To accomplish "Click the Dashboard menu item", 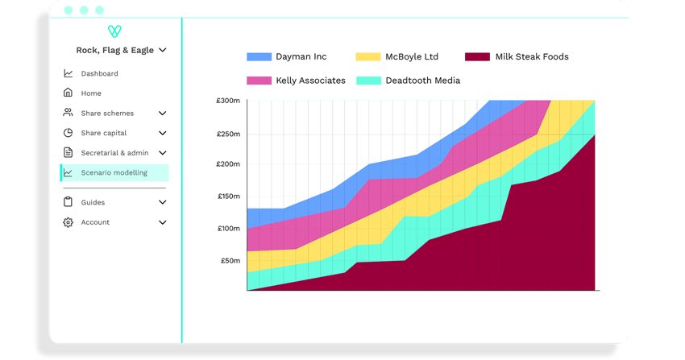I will [99, 74].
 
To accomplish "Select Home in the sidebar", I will [91, 93].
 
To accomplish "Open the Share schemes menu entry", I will [107, 114].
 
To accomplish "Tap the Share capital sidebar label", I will [103, 133].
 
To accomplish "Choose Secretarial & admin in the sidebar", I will [114, 153].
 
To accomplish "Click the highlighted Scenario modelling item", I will [114, 172].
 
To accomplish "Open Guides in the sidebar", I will [93, 202].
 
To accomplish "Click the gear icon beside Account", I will [68, 222].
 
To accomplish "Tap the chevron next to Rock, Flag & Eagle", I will [163, 50].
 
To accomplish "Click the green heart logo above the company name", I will [114, 31].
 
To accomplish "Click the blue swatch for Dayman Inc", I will [259, 57].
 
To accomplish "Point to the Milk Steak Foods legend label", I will [532, 57].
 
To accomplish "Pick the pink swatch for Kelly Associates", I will [259, 81].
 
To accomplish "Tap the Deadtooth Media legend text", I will [422, 81].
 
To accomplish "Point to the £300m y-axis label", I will [228, 101].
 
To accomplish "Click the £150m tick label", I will [228, 197].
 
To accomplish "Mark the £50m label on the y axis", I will [230, 260].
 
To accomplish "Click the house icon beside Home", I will [68, 93].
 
